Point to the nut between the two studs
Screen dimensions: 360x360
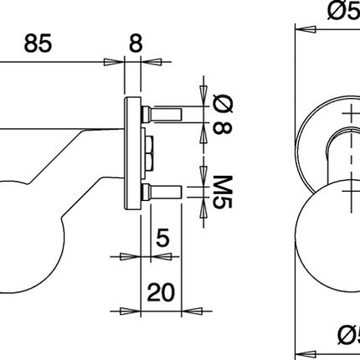(149, 152)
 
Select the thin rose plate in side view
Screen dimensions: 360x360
(132, 151)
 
